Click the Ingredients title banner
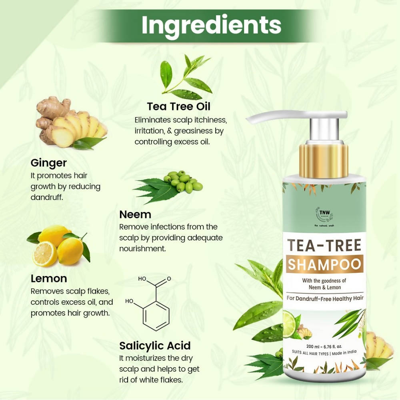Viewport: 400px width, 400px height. pos(211,26)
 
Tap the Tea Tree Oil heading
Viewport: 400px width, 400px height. pos(178,107)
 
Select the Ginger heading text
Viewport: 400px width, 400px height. pos(48,163)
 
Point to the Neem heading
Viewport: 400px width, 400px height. pos(135,214)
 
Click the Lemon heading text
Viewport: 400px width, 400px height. pos(48,278)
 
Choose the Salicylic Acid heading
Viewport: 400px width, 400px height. pos(155,345)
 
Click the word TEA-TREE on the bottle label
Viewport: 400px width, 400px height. pos(323,246)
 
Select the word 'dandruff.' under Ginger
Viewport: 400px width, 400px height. pos(47,197)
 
